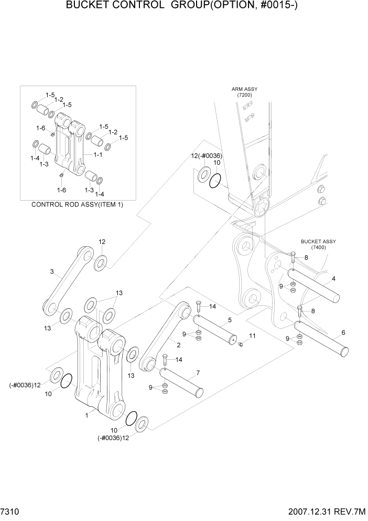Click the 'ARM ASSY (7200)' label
point(244,92)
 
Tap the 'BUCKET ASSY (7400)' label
point(318,244)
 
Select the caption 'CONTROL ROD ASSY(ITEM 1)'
point(78,204)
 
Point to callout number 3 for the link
point(52,272)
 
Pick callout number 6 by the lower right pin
point(343,332)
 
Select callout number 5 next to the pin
point(230,319)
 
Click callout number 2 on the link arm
point(179,345)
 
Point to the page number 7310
point(12,511)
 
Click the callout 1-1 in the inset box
point(98,155)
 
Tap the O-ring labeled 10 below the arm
point(215,182)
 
